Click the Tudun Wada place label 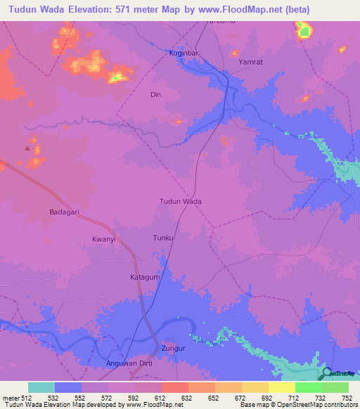click(x=181, y=201)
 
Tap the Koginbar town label click(x=185, y=53)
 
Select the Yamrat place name click(x=250, y=62)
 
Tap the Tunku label click(x=163, y=238)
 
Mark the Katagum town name click(x=146, y=278)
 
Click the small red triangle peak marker click(x=28, y=148)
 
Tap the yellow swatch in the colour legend click(x=281, y=387)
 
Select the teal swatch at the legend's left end click(x=41, y=387)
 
